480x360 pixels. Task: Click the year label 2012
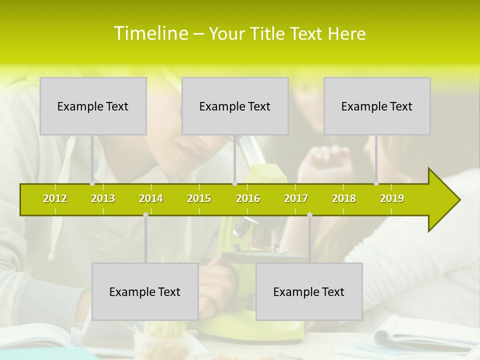(x=55, y=198)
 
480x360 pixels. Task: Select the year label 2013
(x=103, y=198)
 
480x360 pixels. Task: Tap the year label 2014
(x=151, y=198)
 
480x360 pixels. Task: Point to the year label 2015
(x=199, y=198)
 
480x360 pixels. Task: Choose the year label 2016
(x=248, y=198)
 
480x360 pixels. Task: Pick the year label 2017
(x=296, y=198)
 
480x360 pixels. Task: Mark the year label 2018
(x=344, y=198)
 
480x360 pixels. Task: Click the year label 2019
(x=392, y=198)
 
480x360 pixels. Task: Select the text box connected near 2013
(x=93, y=106)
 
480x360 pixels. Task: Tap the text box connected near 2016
(x=235, y=106)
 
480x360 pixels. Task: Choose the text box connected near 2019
(x=377, y=106)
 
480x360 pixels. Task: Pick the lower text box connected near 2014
(x=145, y=291)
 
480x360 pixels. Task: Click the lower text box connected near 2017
(x=309, y=291)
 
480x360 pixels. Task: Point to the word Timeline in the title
(x=150, y=33)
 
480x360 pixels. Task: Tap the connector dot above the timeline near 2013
(x=92, y=183)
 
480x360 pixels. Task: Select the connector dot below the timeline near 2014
(x=145, y=215)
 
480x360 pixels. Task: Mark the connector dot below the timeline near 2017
(x=309, y=215)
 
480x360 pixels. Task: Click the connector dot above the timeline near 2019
(x=376, y=183)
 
